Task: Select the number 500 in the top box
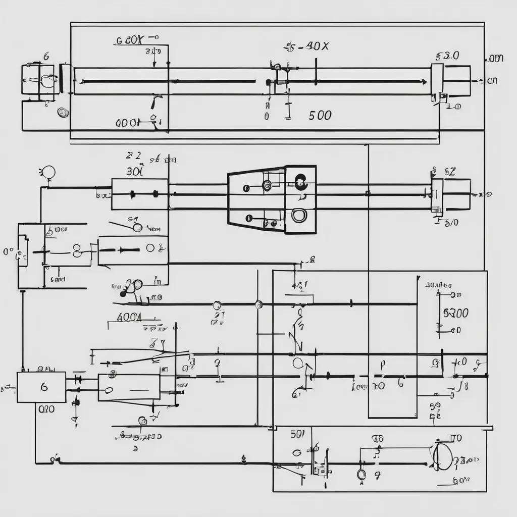coord(320,116)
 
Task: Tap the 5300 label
coord(455,313)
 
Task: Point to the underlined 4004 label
coord(129,318)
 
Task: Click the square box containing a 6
coord(41,387)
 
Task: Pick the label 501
coord(298,433)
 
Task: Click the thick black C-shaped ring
coord(300,181)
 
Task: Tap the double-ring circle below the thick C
coord(298,216)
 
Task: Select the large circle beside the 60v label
coord(441,456)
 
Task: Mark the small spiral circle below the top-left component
coord(63,113)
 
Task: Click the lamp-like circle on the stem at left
coord(49,172)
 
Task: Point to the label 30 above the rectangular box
coord(134,171)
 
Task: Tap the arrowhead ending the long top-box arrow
coord(424,81)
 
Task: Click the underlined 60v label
coord(461,481)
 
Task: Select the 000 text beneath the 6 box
coord(46,409)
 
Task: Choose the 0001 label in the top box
coord(127,122)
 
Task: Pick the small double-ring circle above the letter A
coord(361,474)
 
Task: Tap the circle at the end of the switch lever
coord(137,228)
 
